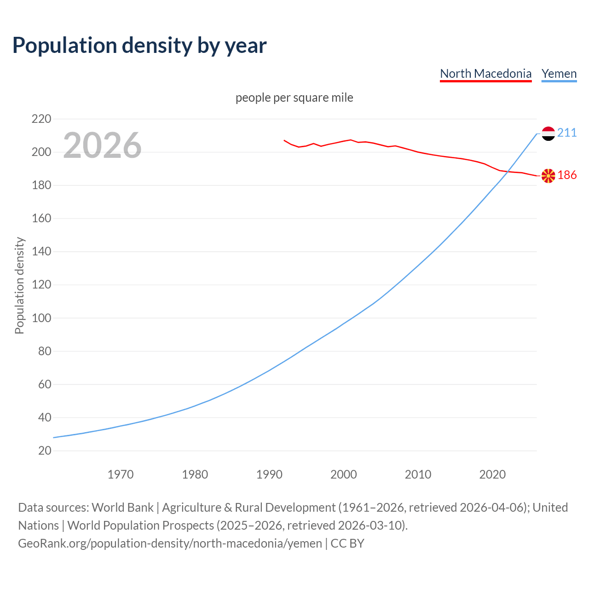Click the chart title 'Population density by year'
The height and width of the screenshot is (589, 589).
(x=139, y=46)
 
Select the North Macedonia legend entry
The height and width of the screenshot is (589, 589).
(x=485, y=74)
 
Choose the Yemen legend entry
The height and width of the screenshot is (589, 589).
(x=559, y=74)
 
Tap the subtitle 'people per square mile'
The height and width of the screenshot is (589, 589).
(x=294, y=98)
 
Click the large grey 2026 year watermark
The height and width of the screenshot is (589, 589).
(x=102, y=145)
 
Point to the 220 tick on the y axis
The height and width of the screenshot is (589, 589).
(x=41, y=119)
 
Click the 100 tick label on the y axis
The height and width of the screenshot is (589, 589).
(x=41, y=318)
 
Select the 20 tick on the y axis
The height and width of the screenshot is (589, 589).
(x=45, y=450)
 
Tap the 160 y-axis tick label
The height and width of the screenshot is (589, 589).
(x=41, y=219)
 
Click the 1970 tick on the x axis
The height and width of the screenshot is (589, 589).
(x=121, y=474)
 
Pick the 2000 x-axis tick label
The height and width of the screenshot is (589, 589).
(x=343, y=474)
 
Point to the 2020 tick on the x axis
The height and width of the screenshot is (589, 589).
(x=492, y=474)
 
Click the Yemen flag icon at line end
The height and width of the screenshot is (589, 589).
(x=548, y=133)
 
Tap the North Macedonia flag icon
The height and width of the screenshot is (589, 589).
(x=548, y=176)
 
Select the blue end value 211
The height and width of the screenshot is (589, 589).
(x=567, y=133)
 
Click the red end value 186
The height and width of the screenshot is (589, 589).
(x=567, y=175)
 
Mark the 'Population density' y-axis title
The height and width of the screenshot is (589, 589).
(x=19, y=285)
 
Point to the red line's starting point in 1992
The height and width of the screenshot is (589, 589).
(x=284, y=140)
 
